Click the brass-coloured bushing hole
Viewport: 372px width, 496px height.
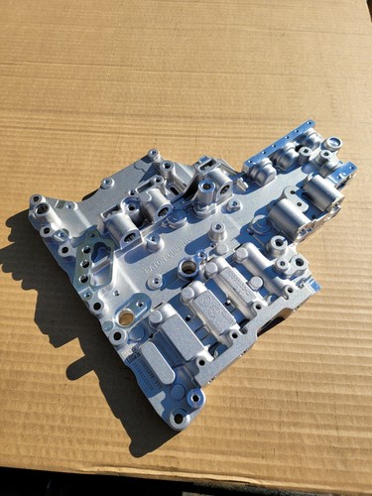pyautogui.click(x=126, y=317)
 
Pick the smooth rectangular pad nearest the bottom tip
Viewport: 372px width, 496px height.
pyautogui.click(x=157, y=362)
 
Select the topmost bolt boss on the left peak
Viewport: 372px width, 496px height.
pyautogui.click(x=153, y=156)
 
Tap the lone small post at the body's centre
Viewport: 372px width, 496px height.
pyautogui.click(x=217, y=230)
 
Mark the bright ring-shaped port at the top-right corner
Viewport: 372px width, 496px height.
pyautogui.click(x=333, y=144)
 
